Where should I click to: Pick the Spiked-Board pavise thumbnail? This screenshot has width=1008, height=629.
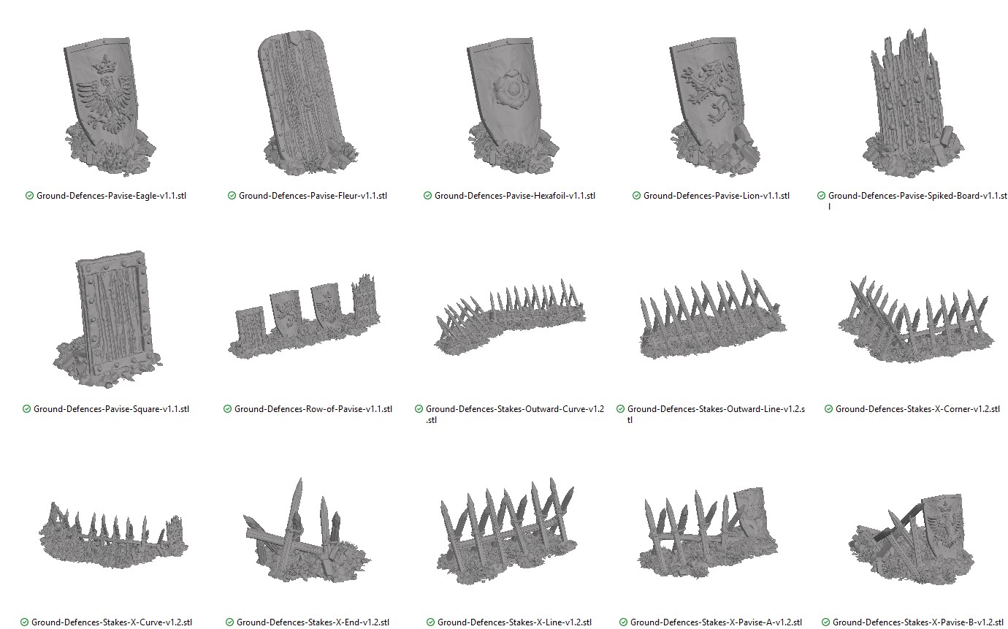[x=914, y=106]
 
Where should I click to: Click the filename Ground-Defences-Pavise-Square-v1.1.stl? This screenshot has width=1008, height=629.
[x=111, y=409]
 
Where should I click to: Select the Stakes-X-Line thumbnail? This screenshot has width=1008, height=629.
[x=507, y=531]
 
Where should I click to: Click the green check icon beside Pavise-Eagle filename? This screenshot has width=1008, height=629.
[x=29, y=196]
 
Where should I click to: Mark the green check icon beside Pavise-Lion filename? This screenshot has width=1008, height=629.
[x=636, y=196]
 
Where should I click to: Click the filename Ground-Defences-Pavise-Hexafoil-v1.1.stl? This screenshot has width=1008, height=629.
[x=515, y=196]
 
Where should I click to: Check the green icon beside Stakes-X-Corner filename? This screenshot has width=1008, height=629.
[x=828, y=409]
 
